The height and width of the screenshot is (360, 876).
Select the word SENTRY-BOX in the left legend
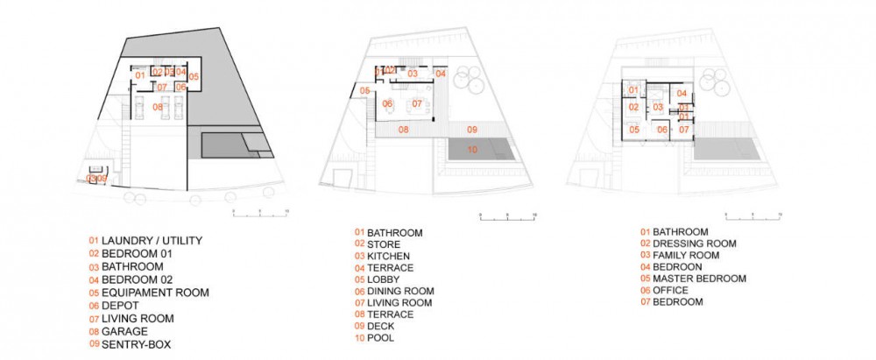tap(136, 345)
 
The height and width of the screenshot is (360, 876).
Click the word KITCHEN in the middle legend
tap(391, 256)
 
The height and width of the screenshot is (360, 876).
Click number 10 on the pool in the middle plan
tap(472, 150)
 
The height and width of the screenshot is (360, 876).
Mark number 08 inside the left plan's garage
tap(159, 107)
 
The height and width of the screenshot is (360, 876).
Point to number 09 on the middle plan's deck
tap(471, 130)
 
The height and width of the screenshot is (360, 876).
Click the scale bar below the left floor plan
tap(259, 213)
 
